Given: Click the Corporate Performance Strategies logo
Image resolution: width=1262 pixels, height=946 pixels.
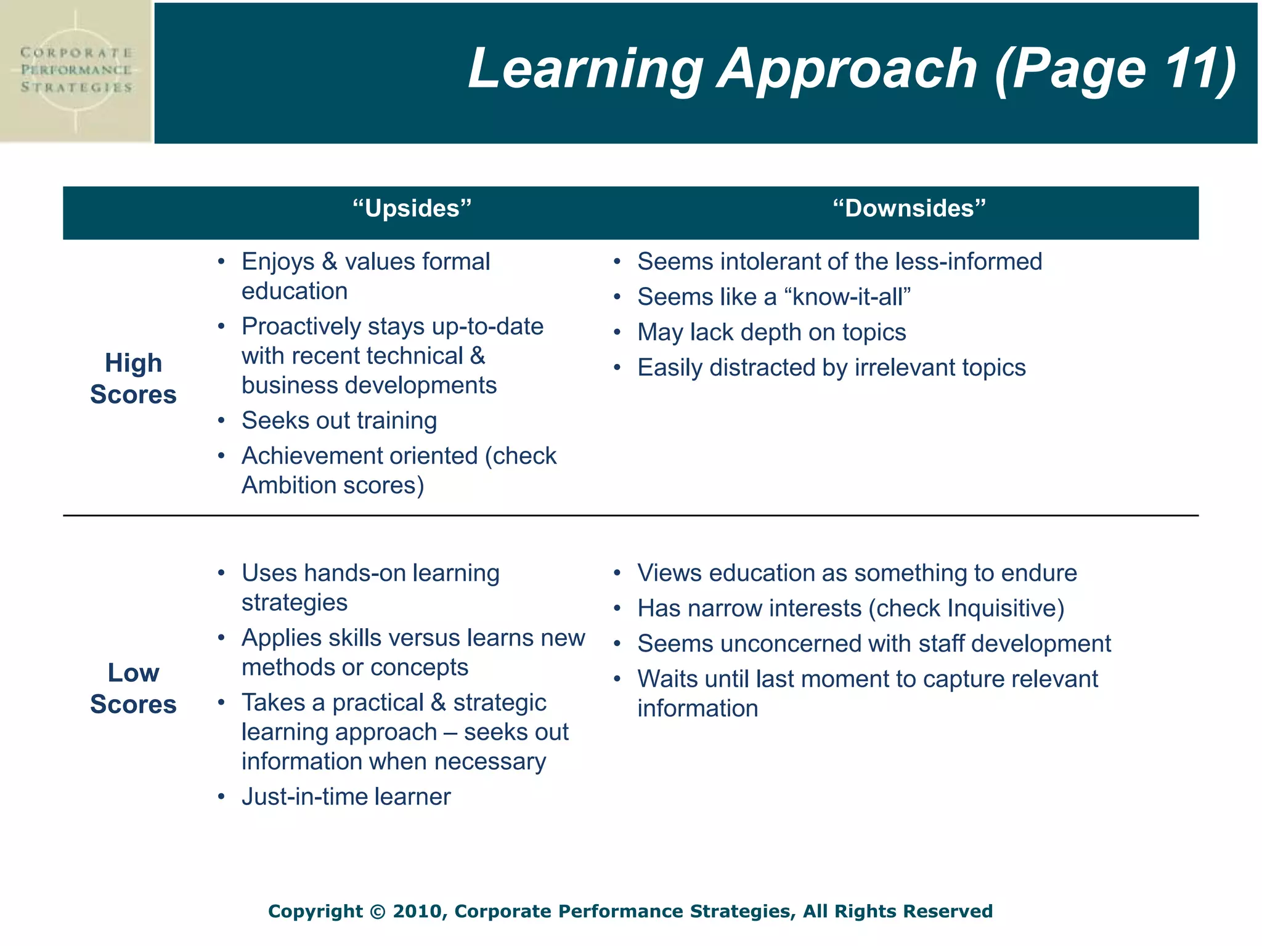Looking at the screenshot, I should [x=76, y=71].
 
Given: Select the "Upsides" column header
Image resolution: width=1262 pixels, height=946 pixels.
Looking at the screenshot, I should [x=412, y=209].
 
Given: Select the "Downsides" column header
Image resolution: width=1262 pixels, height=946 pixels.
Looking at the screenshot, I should [x=909, y=209].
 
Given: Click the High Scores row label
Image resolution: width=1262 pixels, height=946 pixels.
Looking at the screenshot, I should [x=133, y=379].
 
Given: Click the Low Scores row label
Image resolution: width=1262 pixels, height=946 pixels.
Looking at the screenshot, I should [x=133, y=689].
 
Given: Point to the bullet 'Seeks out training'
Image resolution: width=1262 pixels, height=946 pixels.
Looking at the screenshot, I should [x=339, y=421].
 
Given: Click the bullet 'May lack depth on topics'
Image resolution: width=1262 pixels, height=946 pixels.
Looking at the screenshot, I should [x=771, y=333].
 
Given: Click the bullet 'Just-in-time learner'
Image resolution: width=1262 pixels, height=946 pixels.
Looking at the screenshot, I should [x=346, y=797].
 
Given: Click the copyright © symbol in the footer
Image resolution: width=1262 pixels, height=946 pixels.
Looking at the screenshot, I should [x=377, y=912].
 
